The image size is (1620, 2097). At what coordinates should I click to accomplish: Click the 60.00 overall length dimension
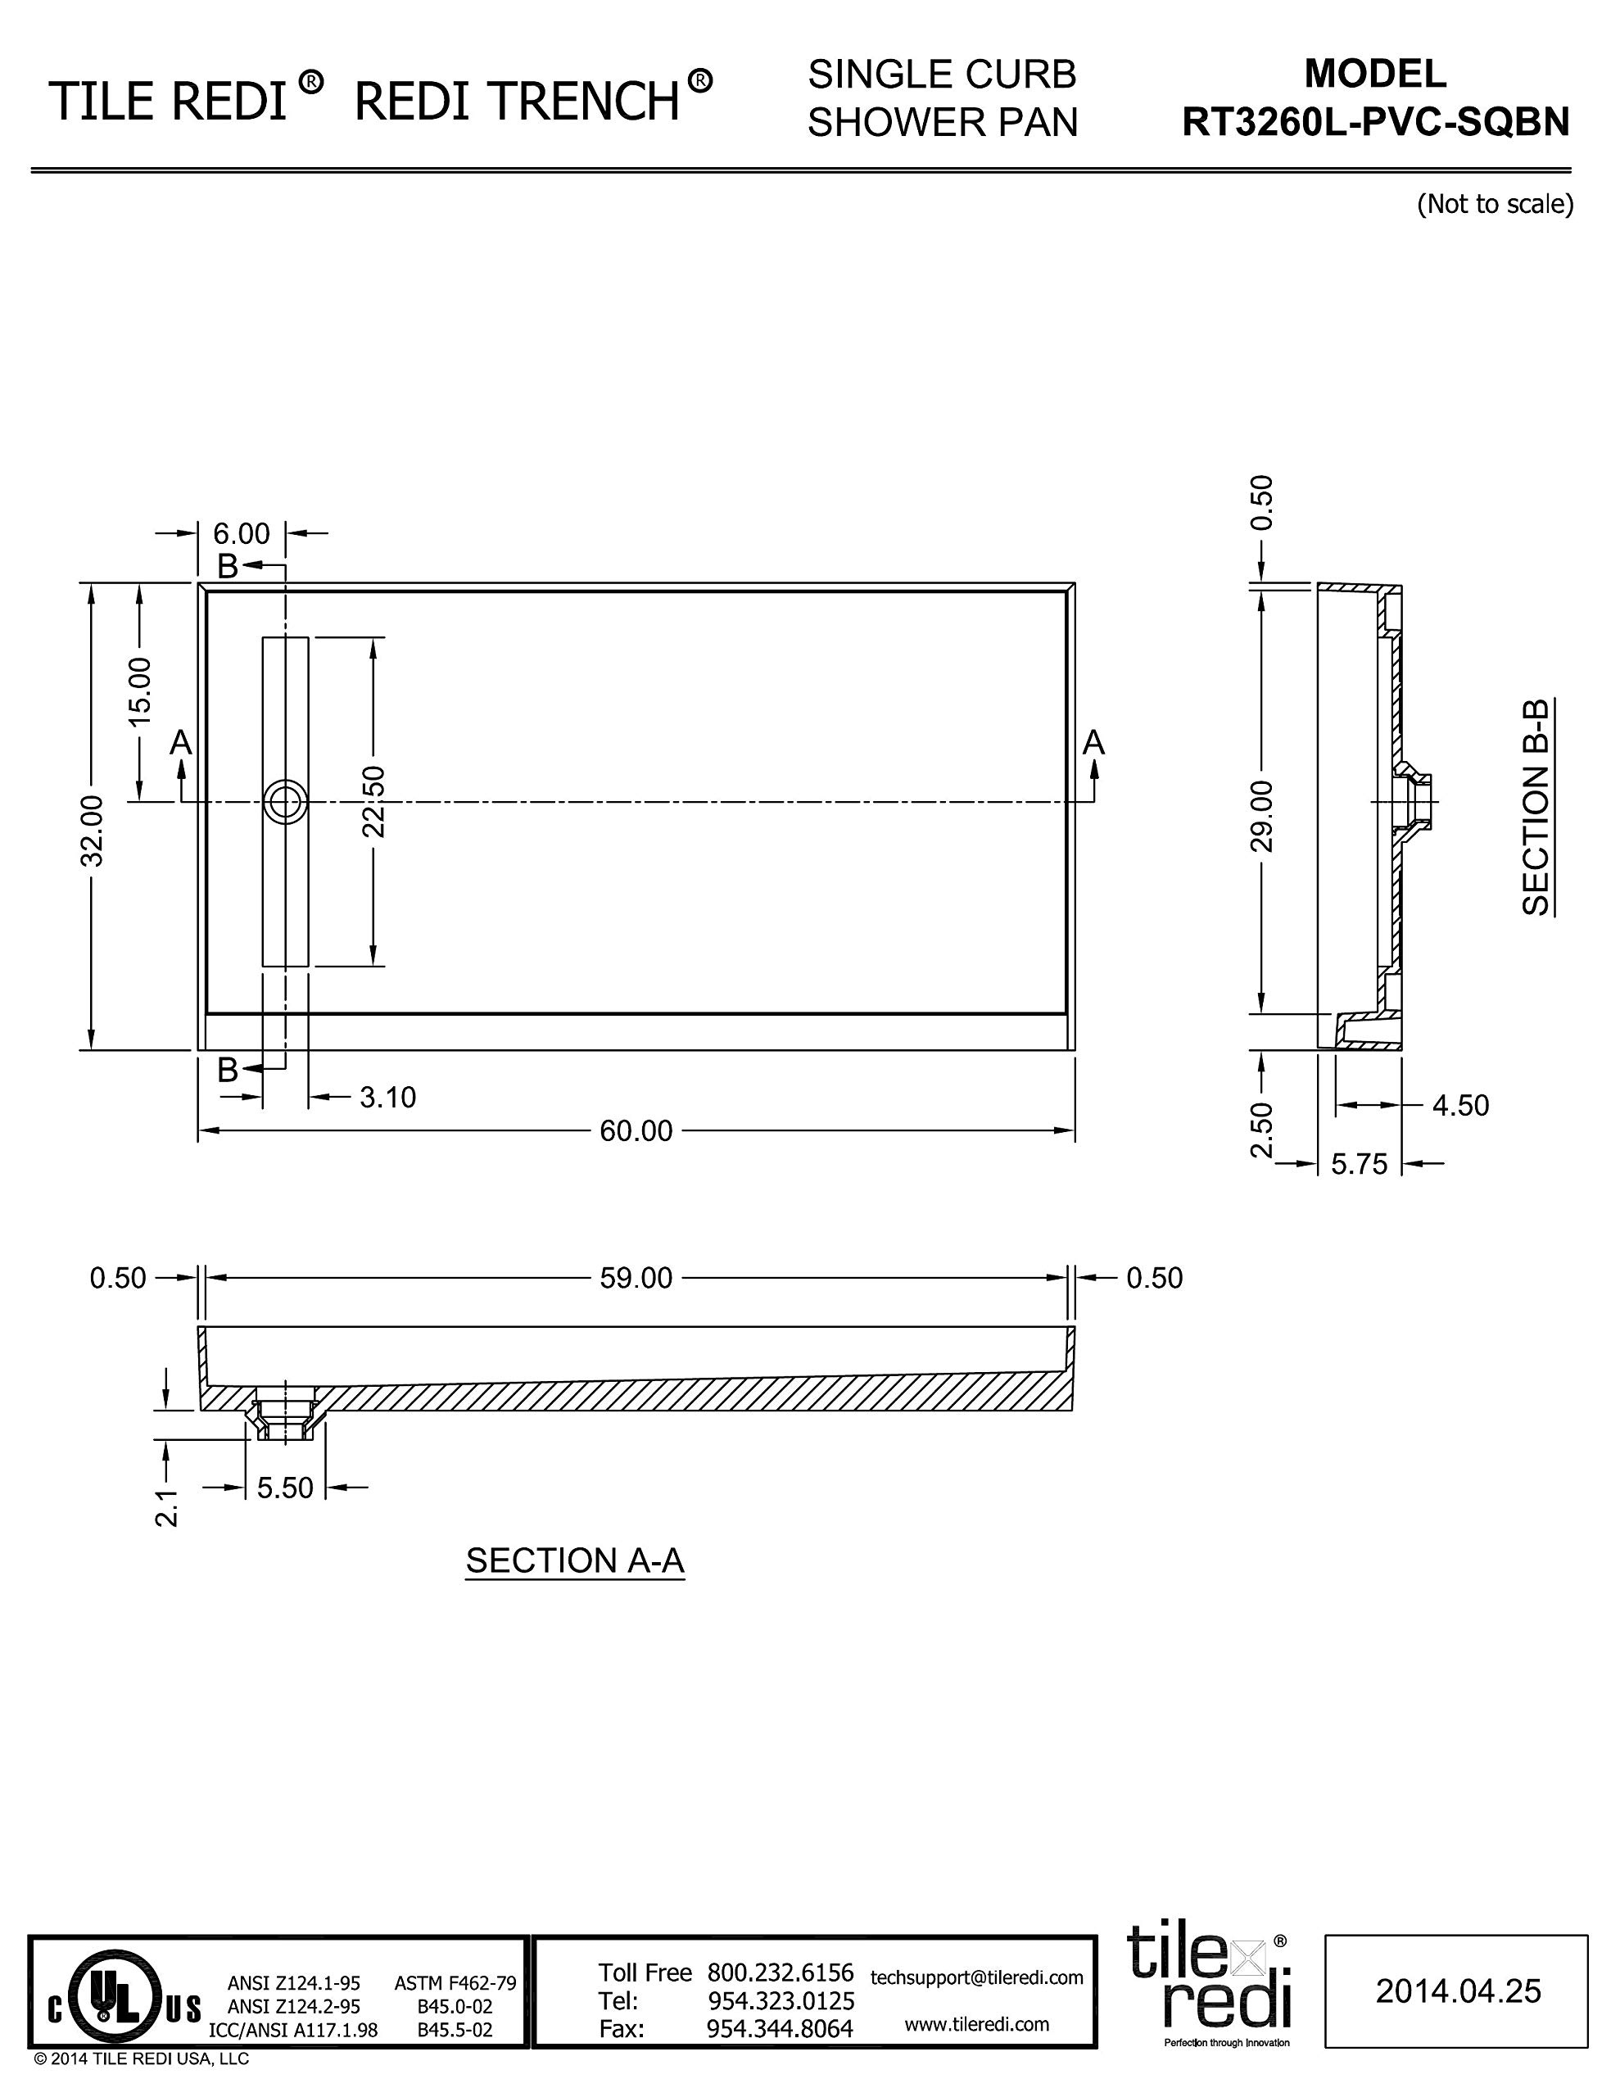pos(636,1131)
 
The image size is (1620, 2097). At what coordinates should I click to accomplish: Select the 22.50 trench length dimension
pos(373,802)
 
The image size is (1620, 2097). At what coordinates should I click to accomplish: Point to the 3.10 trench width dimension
pos(388,1097)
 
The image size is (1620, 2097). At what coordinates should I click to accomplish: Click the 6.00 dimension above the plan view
pos(241,533)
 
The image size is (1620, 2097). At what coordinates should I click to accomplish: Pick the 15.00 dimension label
pos(139,691)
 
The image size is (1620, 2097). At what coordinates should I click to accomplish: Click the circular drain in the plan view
pos(285,802)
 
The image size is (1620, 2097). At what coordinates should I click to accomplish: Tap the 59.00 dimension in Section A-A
pos(636,1278)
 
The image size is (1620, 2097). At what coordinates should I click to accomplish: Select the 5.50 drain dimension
pos(285,1488)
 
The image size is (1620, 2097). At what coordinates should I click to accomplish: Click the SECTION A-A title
pos(575,1560)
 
